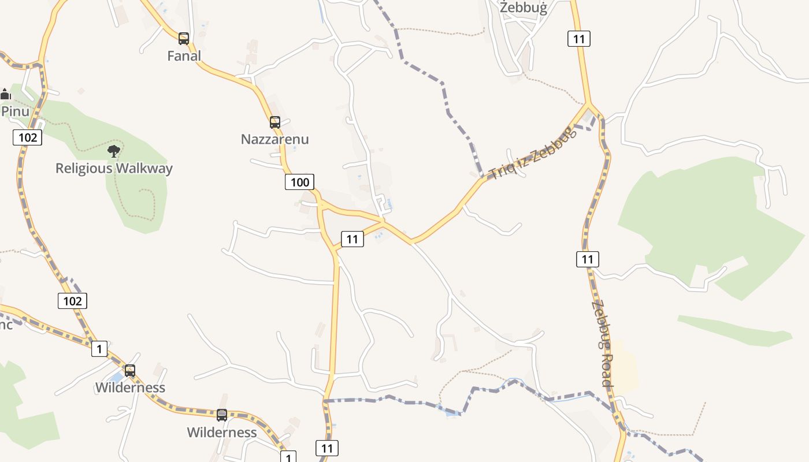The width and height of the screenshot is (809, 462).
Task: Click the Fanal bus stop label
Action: pos(184,56)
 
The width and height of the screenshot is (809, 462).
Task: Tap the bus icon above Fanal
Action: pos(184,39)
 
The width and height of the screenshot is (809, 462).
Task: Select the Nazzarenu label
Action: pos(274,139)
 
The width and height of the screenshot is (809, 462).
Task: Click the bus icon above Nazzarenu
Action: pos(275,122)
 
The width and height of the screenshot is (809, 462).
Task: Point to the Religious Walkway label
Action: pos(114,169)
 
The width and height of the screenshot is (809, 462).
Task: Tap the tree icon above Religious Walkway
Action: pos(114,151)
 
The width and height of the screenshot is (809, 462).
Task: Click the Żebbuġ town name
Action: pos(523,8)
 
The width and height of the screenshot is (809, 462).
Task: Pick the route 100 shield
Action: pos(299,182)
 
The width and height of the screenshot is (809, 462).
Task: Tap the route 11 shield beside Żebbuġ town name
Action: pos(578,39)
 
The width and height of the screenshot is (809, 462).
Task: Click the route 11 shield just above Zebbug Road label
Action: pos(587,259)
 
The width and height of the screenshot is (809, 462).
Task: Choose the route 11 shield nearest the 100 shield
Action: pos(352,239)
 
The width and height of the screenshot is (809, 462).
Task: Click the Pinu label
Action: pos(14,111)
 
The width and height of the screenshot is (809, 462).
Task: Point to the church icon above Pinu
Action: pos(6,94)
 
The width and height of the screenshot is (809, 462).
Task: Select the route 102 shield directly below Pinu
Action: pos(27,137)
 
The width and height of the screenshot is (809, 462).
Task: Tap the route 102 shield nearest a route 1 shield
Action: pos(72,301)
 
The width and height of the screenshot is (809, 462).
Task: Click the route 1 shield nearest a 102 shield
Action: pos(99,349)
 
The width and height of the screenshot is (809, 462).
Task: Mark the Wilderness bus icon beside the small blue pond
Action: pos(130,371)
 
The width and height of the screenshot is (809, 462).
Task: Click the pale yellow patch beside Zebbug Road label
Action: pos(625,367)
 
